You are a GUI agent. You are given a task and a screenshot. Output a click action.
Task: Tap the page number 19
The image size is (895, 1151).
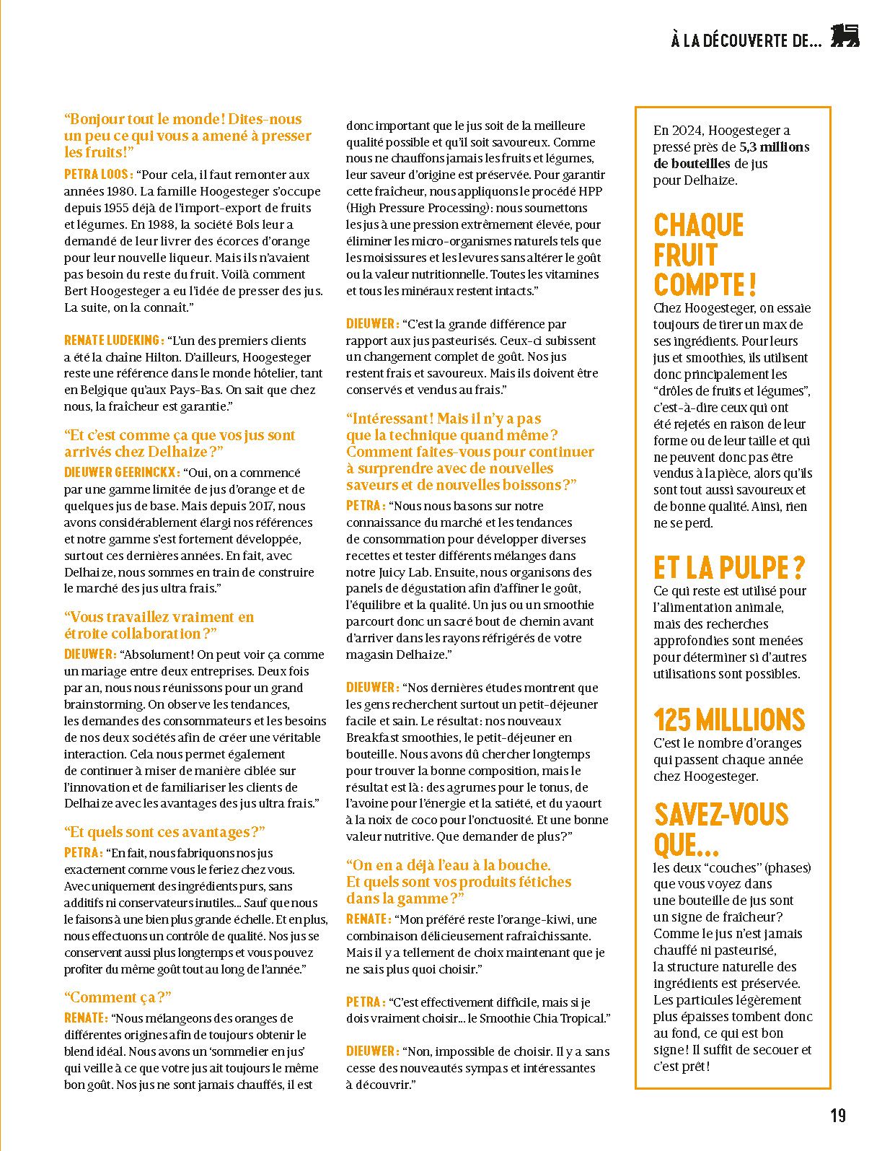click(837, 1115)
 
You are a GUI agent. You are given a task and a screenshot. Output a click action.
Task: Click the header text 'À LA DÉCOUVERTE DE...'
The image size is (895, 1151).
click(746, 41)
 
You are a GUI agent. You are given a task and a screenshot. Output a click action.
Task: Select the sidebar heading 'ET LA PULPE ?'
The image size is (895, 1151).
click(728, 568)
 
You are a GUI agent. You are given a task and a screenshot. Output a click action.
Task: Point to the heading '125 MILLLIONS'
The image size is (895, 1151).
click(728, 719)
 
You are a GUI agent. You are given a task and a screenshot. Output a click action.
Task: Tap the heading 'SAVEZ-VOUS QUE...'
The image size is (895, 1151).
click(720, 829)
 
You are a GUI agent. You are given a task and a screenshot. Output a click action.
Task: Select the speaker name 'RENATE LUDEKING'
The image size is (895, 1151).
click(114, 341)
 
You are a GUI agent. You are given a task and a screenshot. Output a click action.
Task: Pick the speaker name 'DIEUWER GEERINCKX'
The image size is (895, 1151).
click(121, 473)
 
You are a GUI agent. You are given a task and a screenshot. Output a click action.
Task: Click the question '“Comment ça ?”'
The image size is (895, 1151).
click(118, 997)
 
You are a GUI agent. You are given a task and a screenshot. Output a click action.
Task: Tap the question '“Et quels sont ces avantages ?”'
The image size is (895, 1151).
click(164, 832)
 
